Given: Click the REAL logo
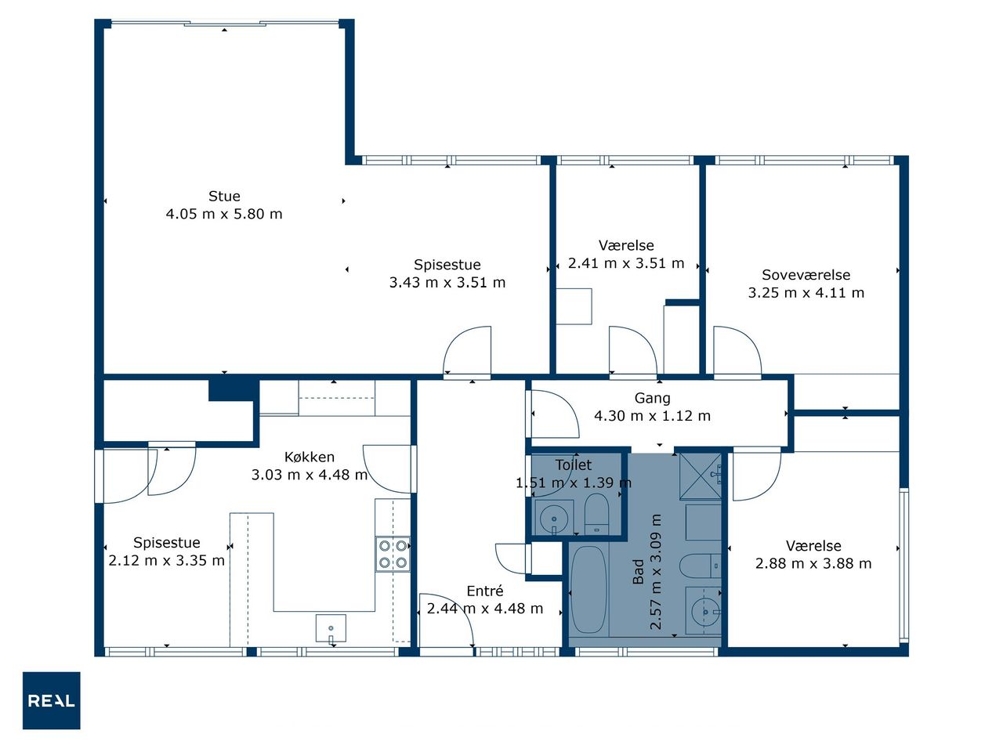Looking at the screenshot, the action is click(52, 700).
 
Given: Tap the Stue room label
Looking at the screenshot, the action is click(224, 197).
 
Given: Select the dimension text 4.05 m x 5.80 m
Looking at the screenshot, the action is click(224, 214).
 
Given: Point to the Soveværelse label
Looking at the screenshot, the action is click(806, 275).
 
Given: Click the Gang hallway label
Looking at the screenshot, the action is click(653, 399).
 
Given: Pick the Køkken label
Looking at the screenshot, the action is click(310, 457).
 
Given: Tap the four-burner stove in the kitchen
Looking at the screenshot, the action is click(393, 555).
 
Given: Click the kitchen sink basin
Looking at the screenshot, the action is click(331, 629).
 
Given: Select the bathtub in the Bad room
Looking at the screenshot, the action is click(589, 589).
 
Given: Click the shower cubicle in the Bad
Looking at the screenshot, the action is click(701, 476).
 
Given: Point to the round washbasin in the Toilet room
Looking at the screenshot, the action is click(554, 519).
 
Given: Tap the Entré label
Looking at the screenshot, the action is click(485, 591).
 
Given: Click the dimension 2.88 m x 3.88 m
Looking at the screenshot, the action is click(813, 563).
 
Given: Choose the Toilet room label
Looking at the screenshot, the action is click(574, 465).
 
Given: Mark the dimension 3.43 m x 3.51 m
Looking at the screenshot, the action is click(447, 283).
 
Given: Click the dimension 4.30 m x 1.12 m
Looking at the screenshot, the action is click(652, 416).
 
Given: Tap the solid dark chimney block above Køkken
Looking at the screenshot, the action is click(233, 390).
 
